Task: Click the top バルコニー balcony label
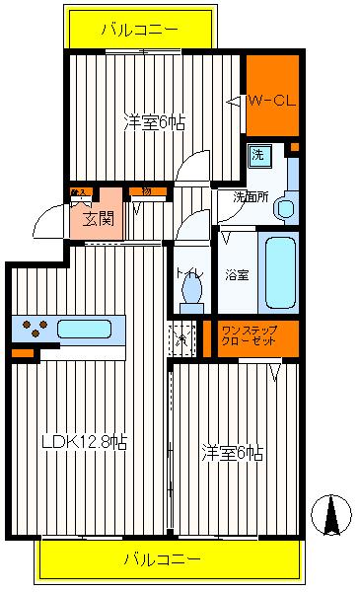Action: pos(141,29)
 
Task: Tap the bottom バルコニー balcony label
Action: pos(164,559)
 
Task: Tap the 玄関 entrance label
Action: pos(97,217)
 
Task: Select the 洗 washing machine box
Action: pos(257,154)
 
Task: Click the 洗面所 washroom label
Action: pos(251,195)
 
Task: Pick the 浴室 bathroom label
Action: pos(237,273)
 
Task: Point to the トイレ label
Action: pos(189,273)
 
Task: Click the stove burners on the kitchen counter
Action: pos(33,330)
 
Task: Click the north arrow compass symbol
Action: pos(333,513)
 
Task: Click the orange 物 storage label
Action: pos(145,190)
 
